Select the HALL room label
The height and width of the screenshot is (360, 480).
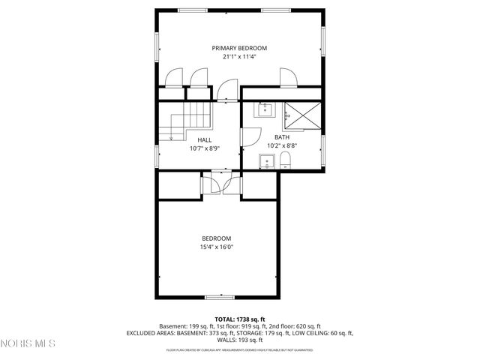[x=204, y=139]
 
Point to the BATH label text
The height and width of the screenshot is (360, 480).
[x=281, y=137]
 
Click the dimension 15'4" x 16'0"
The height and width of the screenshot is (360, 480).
[x=216, y=247]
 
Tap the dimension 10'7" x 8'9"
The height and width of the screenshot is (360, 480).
[x=204, y=148]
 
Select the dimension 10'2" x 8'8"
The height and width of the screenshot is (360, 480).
[x=281, y=146]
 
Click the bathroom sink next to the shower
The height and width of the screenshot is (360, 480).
[x=265, y=110]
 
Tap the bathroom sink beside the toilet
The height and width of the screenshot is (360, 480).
[x=265, y=160]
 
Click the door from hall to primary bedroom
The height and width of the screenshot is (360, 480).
[x=223, y=92]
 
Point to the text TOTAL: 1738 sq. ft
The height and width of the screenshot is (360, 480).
[x=239, y=319]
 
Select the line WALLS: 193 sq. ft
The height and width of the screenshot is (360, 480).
[x=239, y=339]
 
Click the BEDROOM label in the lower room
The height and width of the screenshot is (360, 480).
[x=216, y=238]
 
